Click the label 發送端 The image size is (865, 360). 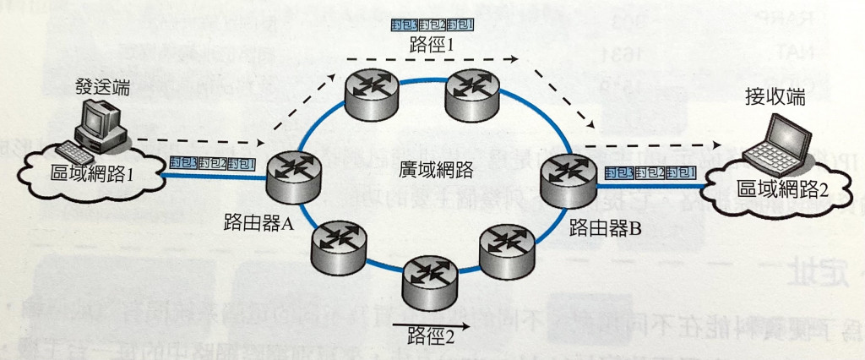[x=98, y=86]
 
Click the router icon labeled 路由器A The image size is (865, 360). [x=291, y=175]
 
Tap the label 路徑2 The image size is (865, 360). [x=432, y=332]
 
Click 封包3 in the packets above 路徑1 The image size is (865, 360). [x=403, y=25]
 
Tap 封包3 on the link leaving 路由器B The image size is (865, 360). [x=619, y=173]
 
